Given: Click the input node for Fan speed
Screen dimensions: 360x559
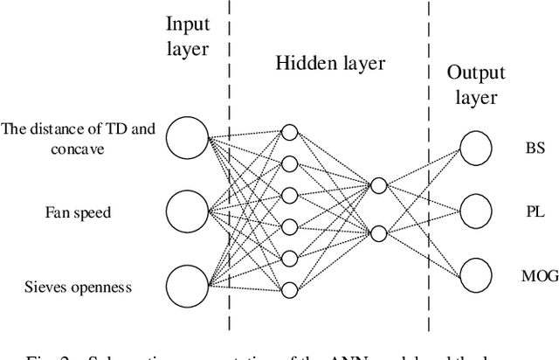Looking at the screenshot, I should point(187,211).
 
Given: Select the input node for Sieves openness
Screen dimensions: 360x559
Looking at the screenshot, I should point(187,285).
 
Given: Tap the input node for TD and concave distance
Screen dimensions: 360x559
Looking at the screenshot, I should point(187,137).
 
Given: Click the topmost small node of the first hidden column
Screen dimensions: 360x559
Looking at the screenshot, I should point(290,133).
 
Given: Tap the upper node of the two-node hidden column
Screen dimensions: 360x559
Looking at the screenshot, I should point(377,185).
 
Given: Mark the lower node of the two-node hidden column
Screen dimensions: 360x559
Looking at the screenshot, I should point(377,232).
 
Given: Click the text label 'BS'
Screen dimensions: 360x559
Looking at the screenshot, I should point(534,149).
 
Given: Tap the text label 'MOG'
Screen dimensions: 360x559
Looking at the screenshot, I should point(534,275).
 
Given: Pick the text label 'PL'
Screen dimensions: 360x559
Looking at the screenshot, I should point(534,211).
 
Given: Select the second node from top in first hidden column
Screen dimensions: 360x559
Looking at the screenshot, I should point(290,163).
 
